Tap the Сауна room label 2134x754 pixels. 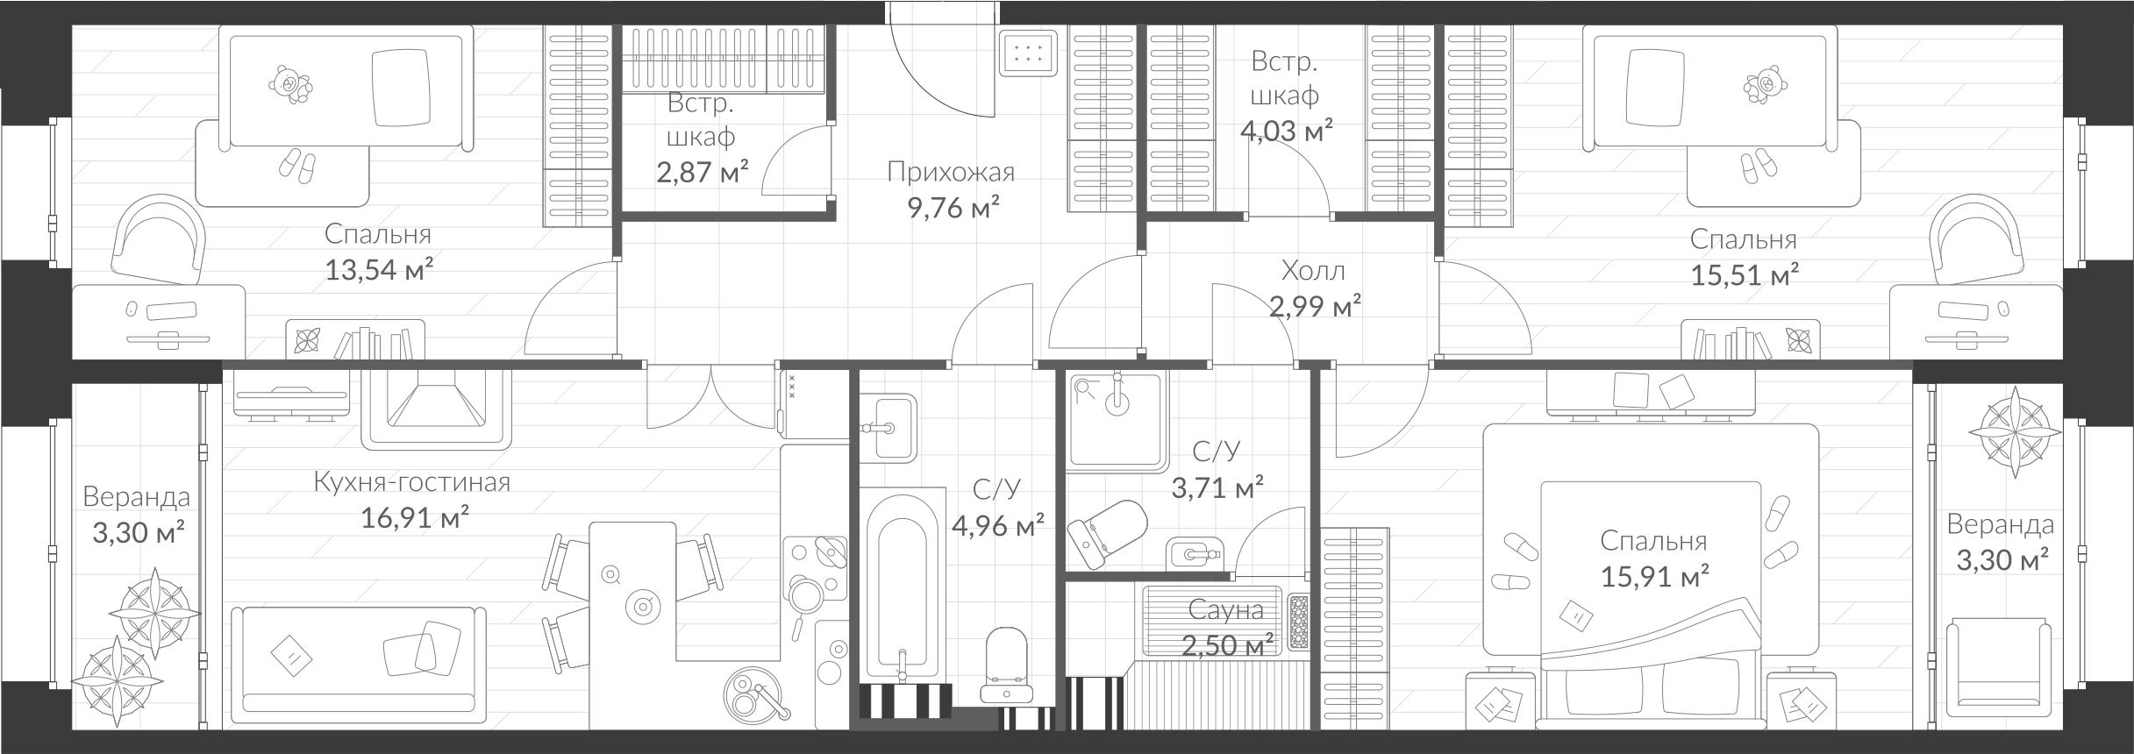click(x=1225, y=609)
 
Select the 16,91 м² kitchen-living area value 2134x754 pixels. click(x=414, y=519)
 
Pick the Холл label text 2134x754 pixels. click(x=1313, y=271)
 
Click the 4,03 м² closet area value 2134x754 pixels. click(x=1286, y=132)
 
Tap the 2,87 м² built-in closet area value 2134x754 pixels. click(x=702, y=172)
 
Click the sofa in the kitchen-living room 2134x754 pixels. click(x=358, y=671)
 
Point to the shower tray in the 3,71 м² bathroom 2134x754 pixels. click(x=1117, y=419)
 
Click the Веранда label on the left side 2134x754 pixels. click(x=136, y=497)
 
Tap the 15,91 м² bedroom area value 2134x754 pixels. click(x=1653, y=577)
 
